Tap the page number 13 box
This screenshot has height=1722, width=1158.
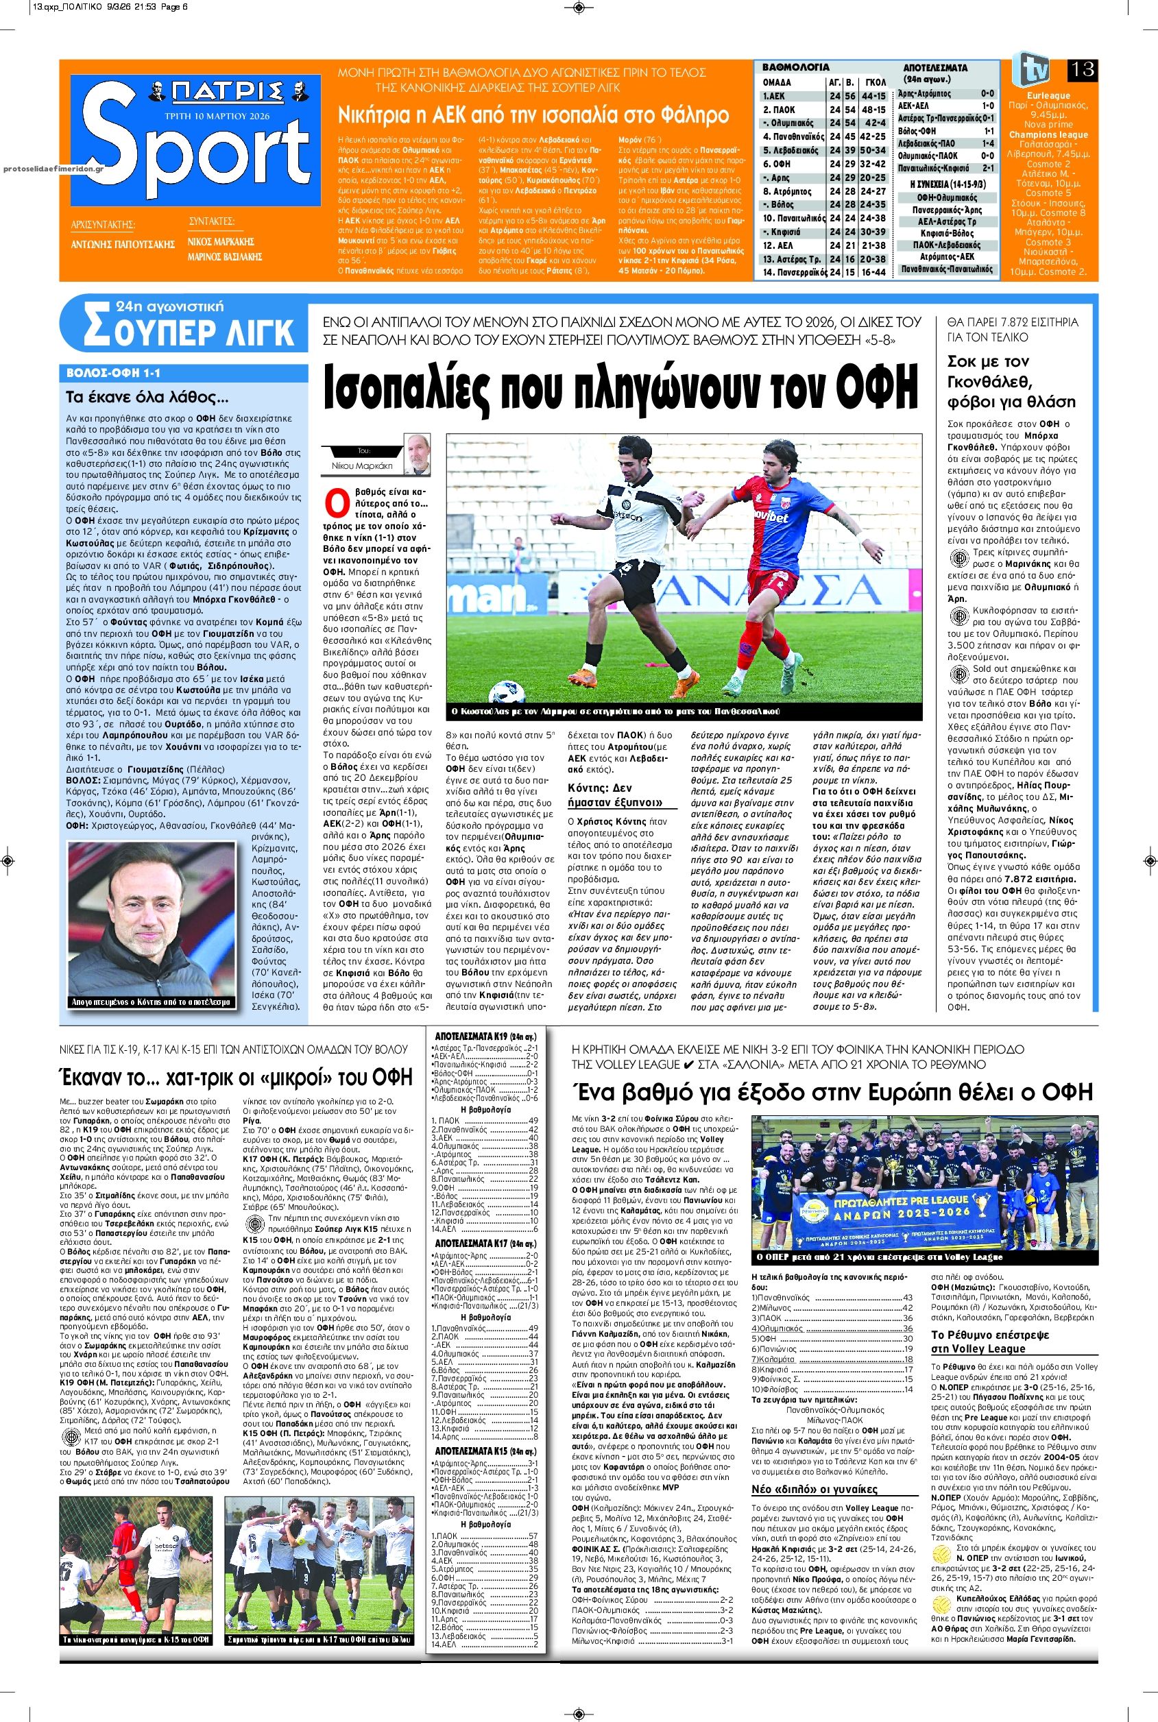coord(1081,69)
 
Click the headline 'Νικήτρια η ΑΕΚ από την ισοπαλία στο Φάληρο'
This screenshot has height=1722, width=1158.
coord(533,114)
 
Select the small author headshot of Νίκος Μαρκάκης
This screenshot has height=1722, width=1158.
coord(418,453)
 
